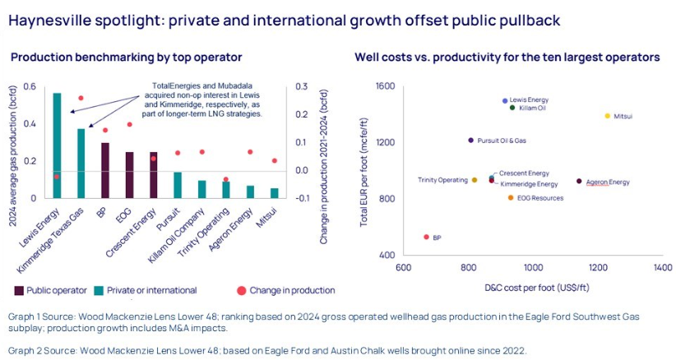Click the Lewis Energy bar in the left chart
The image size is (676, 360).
pyautogui.click(x=57, y=145)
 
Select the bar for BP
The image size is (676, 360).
pyautogui.click(x=104, y=170)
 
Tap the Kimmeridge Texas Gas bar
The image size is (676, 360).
pyautogui.click(x=81, y=163)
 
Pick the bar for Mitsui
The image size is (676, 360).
pyautogui.click(x=274, y=193)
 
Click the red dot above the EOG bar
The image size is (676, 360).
pyautogui.click(x=129, y=125)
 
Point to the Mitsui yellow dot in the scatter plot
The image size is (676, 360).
pyautogui.click(x=608, y=116)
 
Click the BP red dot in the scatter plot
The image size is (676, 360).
pyautogui.click(x=426, y=237)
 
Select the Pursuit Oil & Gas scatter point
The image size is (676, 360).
pyautogui.click(x=470, y=141)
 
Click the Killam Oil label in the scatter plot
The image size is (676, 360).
pyautogui.click(x=532, y=108)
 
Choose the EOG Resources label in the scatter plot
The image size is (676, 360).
pyautogui.click(x=540, y=198)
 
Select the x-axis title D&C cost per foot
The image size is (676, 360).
pyautogui.click(x=532, y=288)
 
